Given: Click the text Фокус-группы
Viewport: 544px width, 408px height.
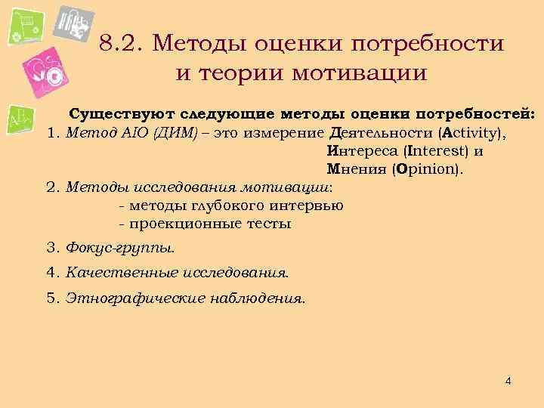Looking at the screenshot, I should coord(120,247).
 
